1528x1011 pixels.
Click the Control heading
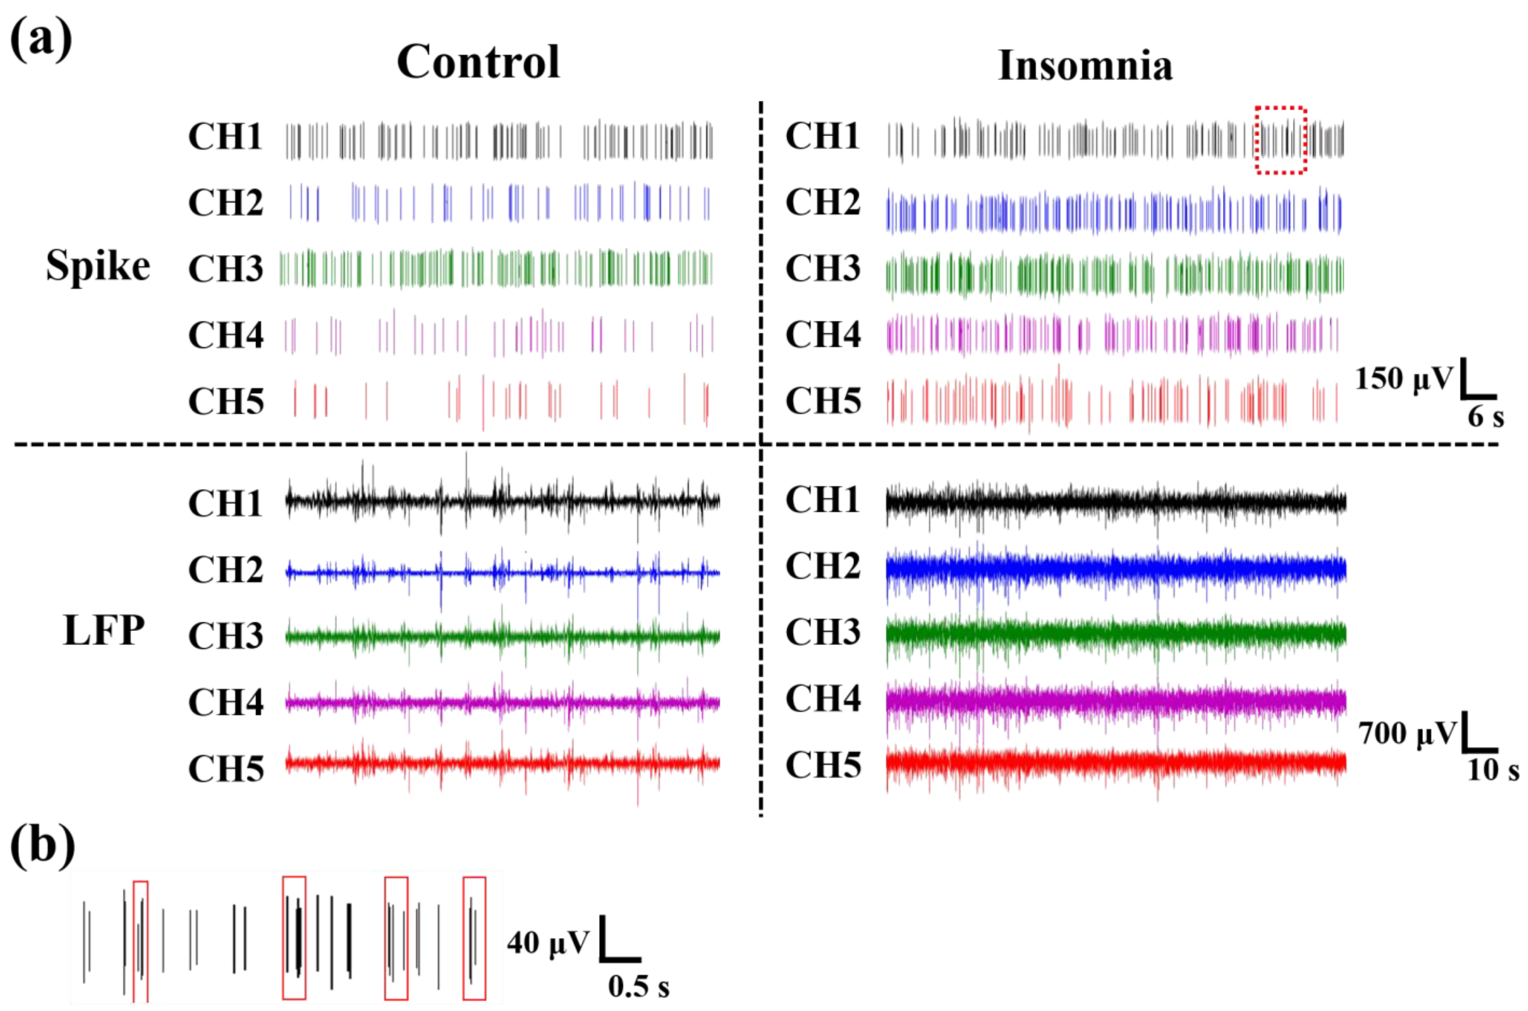pos(478,62)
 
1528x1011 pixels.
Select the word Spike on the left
pos(98,266)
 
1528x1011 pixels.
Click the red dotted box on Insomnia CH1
pos(1281,140)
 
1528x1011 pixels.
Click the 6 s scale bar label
pos(1486,417)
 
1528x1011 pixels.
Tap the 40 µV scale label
pos(548,943)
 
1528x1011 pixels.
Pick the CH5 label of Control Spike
pos(225,402)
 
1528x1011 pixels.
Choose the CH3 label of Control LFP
pos(225,636)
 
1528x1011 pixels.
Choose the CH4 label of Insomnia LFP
pos(822,698)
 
